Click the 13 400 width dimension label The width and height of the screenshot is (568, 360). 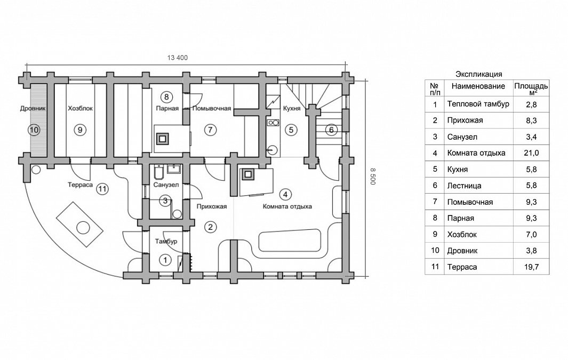[x=178, y=58]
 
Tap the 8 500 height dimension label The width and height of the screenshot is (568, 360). [x=373, y=176]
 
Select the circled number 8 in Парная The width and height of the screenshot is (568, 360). [x=166, y=97]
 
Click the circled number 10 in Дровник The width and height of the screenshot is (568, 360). [x=35, y=130]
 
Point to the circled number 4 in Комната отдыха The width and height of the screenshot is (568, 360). [x=285, y=195]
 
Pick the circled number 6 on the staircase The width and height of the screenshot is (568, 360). [x=331, y=130]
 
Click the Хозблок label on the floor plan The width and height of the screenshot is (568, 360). [x=81, y=108]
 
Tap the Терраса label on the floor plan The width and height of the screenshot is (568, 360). [x=80, y=185]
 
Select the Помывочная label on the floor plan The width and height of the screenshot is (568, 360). [x=212, y=108]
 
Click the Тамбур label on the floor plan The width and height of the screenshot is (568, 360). [x=166, y=241]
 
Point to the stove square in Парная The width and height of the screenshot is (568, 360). [x=163, y=138]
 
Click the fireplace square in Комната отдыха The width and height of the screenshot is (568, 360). [x=248, y=174]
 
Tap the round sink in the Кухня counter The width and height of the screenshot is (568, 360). [x=272, y=149]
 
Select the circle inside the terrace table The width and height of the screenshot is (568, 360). [x=83, y=228]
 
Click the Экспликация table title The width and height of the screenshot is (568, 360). [x=478, y=74]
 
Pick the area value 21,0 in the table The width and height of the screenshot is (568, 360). [x=531, y=153]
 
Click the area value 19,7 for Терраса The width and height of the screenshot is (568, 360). [x=531, y=267]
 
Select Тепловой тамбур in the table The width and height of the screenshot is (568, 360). [x=478, y=105]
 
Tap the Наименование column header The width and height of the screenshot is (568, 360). [x=478, y=86]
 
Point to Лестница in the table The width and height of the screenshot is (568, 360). [x=465, y=186]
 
